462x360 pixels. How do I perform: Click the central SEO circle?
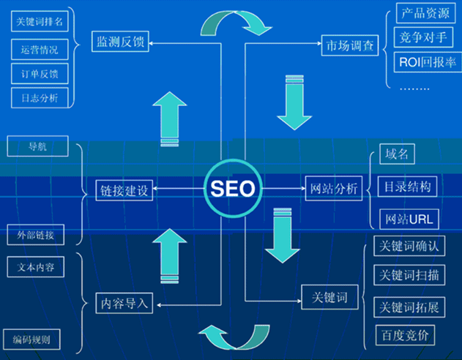click(x=233, y=189)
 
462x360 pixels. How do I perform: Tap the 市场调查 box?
click(x=349, y=45)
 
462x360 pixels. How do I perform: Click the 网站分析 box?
click(x=333, y=189)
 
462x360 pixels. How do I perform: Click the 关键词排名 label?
click(x=40, y=23)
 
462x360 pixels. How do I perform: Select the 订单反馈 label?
click(x=39, y=74)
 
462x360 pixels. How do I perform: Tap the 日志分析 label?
click(x=39, y=97)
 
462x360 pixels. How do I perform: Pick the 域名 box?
click(x=399, y=154)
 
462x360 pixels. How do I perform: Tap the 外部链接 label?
click(x=35, y=235)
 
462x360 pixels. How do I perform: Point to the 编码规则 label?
click(x=36, y=340)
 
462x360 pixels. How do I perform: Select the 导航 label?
click(x=37, y=146)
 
